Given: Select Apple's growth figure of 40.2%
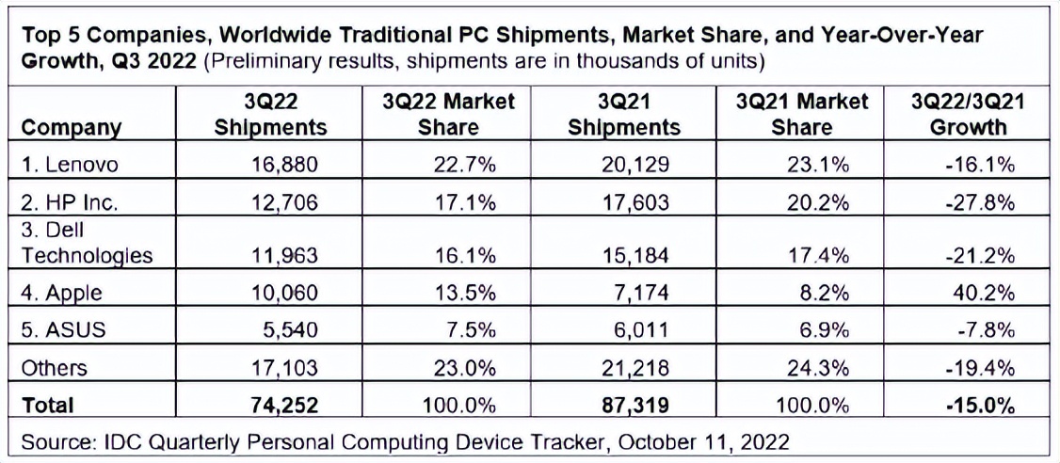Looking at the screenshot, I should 983,293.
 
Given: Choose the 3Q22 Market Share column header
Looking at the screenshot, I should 449,114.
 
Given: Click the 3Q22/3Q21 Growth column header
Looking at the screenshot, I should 968,114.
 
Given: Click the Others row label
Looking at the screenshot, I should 54,367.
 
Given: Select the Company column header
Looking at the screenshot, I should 71,127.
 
